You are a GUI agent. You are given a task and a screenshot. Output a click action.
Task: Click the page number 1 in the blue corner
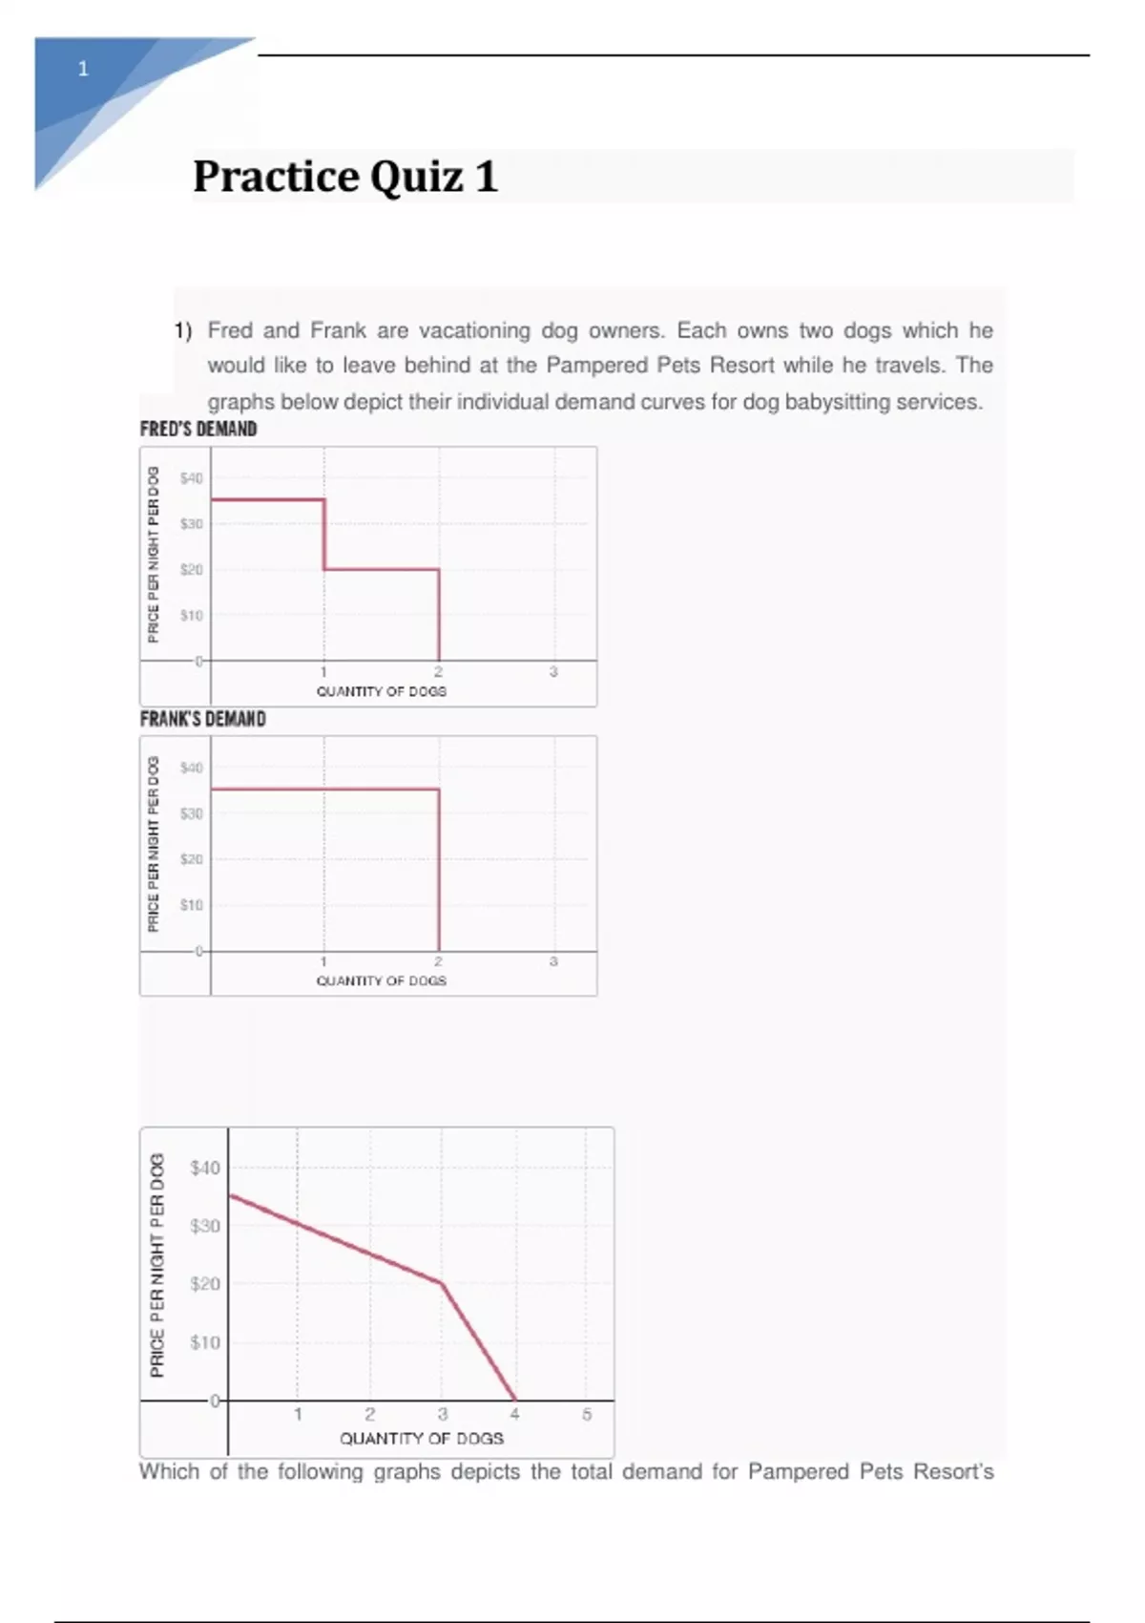pos(83,69)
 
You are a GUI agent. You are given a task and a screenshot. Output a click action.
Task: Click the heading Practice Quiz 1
pos(345,177)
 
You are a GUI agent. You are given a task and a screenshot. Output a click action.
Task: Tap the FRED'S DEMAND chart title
pos(198,430)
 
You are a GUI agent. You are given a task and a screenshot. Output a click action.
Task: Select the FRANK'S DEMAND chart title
pos(202,719)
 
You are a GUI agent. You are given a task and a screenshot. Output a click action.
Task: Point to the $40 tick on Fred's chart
pos(192,478)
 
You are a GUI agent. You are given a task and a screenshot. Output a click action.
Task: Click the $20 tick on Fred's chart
pos(192,570)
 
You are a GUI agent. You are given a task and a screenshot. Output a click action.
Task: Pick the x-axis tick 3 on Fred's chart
pos(553,672)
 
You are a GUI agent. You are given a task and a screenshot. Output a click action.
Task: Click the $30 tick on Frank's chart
pos(192,813)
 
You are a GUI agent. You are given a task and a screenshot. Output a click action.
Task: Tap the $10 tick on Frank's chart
pos(192,904)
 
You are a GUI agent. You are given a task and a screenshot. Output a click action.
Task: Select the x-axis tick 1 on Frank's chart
pos(323,961)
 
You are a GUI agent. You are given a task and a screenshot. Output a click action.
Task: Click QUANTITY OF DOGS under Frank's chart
pos(382,980)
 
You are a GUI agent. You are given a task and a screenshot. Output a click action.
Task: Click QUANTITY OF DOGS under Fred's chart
pos(382,691)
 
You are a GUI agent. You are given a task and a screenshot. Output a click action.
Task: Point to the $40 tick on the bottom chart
pos(205,1168)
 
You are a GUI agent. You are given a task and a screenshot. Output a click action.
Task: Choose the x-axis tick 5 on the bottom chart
pos(587,1414)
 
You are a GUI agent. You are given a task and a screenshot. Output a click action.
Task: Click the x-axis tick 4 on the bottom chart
pos(514,1414)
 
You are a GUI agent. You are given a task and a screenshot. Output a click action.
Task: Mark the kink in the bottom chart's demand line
pos(442,1283)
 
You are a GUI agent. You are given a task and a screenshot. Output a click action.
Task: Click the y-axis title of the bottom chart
pos(157,1265)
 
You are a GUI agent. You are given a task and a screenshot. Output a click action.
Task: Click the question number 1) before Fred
pos(183,330)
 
